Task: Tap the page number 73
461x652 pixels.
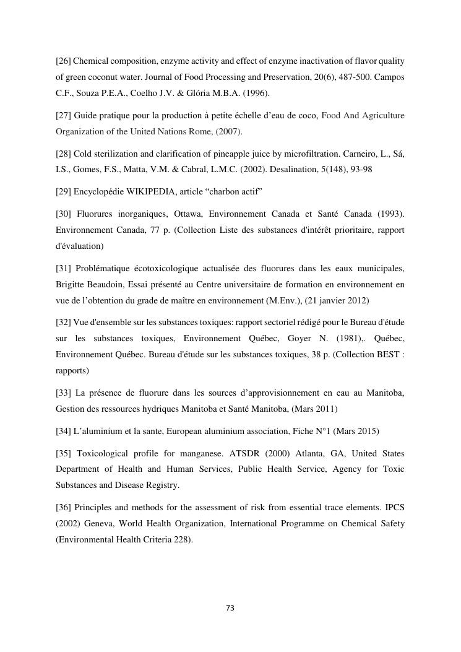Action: [x=230, y=608]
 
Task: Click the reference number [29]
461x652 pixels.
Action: [x=64, y=192]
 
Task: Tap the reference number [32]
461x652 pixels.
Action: [x=64, y=322]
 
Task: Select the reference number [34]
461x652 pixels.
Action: [x=64, y=430]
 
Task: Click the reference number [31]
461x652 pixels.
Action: [x=64, y=268]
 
